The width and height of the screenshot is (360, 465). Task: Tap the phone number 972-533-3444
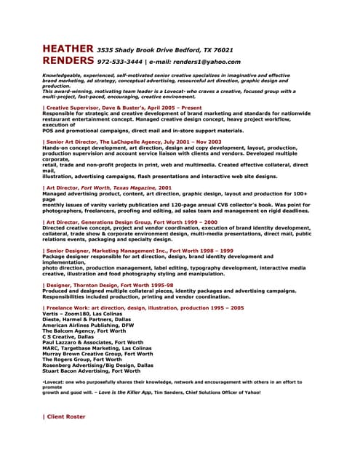(120, 62)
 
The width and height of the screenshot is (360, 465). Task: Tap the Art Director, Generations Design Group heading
(130, 222)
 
